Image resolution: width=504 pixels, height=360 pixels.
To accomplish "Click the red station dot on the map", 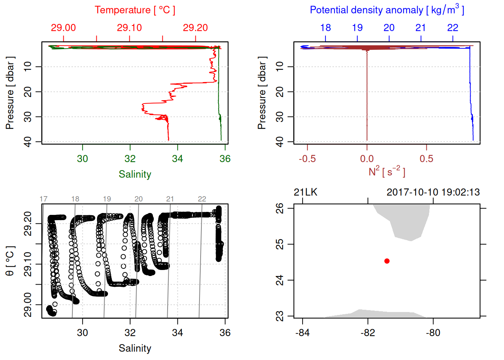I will point(387,261).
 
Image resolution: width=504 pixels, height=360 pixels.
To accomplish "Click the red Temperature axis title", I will point(135,10).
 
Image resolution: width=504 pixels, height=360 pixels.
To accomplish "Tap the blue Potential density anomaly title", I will point(387,10).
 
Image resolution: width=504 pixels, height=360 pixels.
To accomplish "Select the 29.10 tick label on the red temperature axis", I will point(129,28).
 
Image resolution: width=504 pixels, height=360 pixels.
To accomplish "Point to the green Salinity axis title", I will point(135,174).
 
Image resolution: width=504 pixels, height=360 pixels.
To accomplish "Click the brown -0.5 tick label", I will point(307,159).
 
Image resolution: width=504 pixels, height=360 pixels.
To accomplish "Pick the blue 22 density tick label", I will point(453,28).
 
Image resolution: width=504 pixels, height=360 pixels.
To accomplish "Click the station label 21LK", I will point(305,192).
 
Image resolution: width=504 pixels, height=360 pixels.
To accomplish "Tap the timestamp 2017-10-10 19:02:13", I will point(433,192).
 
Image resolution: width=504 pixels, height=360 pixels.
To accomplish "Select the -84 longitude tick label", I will point(302,333).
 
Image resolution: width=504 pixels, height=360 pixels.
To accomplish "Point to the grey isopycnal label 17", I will point(43,199).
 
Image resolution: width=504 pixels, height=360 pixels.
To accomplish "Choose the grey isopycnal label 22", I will point(202,199).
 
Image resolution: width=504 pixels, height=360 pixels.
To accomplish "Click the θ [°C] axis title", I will point(10,261).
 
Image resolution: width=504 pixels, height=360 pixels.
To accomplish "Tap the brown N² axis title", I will point(387,172).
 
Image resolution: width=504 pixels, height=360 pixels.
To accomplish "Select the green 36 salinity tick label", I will point(225,159).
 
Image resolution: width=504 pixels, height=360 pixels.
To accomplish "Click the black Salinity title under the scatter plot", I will point(135,348).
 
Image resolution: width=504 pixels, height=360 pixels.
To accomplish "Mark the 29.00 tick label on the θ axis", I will point(28,305).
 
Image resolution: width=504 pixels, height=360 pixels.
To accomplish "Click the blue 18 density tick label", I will point(325,28).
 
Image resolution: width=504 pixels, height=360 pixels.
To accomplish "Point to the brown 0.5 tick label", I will point(426,159).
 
